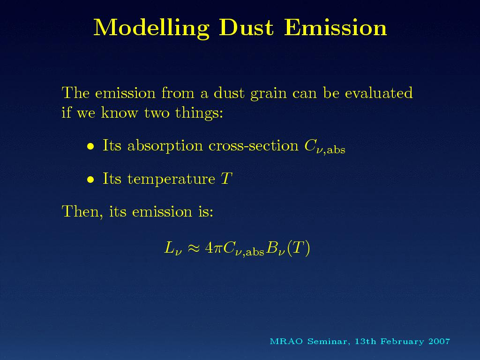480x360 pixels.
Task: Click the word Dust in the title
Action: (x=246, y=28)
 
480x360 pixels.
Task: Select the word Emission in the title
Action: (x=336, y=28)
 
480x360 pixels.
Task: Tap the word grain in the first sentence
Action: (x=269, y=93)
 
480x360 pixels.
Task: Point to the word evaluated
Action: (x=379, y=92)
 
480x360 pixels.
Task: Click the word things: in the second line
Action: (x=199, y=113)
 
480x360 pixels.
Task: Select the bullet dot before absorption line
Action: (x=90, y=146)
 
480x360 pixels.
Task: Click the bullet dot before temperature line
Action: (x=90, y=180)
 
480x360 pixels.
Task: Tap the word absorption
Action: (x=165, y=146)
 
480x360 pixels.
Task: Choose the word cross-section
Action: (x=254, y=146)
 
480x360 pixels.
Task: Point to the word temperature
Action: (x=171, y=179)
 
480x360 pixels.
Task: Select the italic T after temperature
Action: (x=226, y=179)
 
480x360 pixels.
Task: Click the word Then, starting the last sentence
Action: (x=82, y=211)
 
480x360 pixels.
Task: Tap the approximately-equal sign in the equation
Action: (x=194, y=248)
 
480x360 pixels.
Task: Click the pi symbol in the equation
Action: (x=217, y=248)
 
